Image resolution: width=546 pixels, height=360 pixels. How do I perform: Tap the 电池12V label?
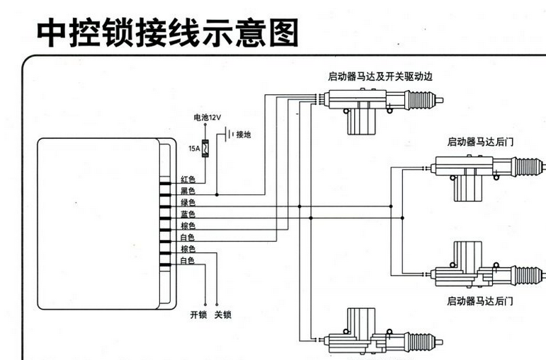tap(207, 118)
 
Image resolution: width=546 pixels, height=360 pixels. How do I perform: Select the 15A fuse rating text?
tap(193, 149)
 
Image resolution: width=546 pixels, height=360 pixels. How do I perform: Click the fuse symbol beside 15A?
tap(206, 149)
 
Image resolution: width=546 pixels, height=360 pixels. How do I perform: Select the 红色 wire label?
tap(188, 179)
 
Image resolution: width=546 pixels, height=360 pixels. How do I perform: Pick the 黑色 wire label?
tap(188, 191)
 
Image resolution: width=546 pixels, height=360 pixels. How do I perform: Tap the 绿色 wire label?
tap(188, 203)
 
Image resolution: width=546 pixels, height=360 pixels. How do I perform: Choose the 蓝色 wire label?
tap(188, 214)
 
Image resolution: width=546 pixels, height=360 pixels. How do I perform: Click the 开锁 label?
tap(198, 315)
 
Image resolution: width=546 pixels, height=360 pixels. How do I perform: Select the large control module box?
tap(99, 223)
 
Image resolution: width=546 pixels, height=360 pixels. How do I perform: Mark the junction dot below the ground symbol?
tap(217, 192)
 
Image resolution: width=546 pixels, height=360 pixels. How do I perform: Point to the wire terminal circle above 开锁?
tap(205, 303)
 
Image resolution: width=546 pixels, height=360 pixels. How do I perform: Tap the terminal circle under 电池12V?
tap(206, 125)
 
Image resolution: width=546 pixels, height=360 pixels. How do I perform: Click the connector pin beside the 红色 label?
tap(166, 181)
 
